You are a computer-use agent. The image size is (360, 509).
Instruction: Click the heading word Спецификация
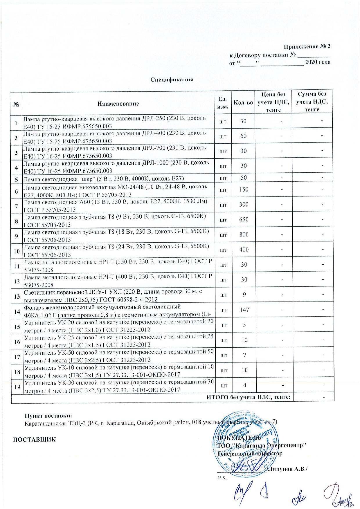coord(172,80)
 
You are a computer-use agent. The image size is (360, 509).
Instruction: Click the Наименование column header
coord(118,104)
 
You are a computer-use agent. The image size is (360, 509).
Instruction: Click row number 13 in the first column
coord(17,296)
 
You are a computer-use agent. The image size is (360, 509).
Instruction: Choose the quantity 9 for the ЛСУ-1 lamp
coord(244,295)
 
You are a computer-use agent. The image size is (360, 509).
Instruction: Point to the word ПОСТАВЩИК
coord(33,438)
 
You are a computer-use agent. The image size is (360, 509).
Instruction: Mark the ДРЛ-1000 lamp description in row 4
coord(116,166)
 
